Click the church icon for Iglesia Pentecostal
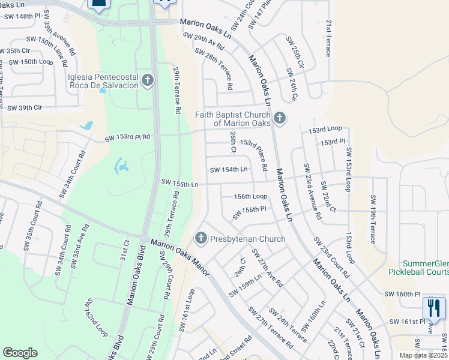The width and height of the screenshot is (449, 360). (148, 80)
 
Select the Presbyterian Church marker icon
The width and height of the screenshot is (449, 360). (200, 239)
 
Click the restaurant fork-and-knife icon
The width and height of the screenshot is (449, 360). (433, 308)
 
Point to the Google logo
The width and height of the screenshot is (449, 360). (20, 353)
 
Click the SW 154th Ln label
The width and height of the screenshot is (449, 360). (228, 170)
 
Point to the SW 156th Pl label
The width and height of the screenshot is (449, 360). (246, 209)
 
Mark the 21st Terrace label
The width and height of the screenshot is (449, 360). (329, 37)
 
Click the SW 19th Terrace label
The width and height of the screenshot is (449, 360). (373, 220)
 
